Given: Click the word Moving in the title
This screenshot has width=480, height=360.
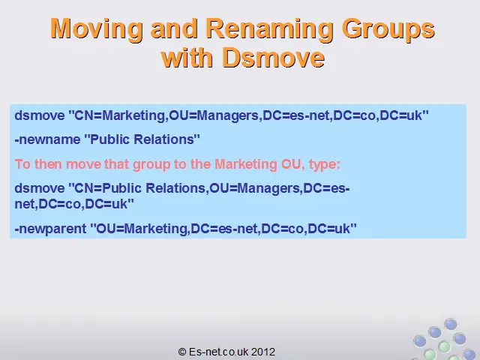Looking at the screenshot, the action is coord(96,29).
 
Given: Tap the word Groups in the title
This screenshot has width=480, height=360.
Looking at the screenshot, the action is coord(388,30).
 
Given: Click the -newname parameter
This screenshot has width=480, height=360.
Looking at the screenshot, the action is coord(47,139).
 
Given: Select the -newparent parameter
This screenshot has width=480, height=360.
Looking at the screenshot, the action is coord(50,229).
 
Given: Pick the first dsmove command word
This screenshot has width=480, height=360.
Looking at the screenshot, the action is coord(40,115).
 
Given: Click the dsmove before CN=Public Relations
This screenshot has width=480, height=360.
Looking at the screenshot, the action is coord(40,188).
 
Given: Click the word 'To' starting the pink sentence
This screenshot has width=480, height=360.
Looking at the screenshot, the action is coord(22,164).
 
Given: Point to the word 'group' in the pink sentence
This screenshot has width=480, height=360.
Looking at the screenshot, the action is coord(151,165).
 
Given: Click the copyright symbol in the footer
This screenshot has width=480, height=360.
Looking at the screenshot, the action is coord(182,352).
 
